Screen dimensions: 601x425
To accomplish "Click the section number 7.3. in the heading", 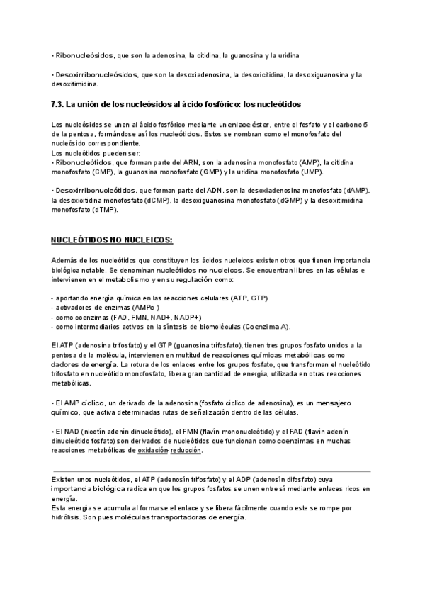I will click(x=58, y=103).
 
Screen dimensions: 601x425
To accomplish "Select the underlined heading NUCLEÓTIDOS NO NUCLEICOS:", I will click(x=113, y=239).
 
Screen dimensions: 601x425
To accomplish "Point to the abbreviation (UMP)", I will click(x=309, y=172).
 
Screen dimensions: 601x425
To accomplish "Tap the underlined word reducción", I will click(x=186, y=450).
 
